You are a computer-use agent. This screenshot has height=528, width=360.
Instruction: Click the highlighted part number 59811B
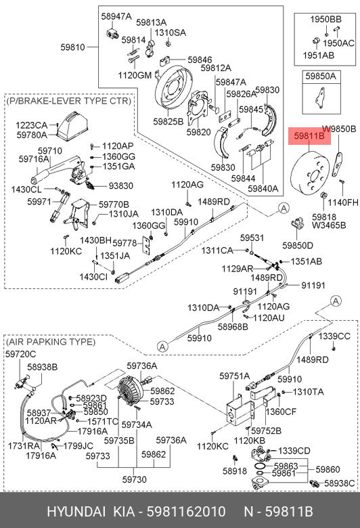(309, 135)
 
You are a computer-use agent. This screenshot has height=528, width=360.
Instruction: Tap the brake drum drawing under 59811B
(309, 175)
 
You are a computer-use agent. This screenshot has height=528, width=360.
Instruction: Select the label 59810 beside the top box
(72, 47)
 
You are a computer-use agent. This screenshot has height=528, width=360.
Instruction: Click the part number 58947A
(116, 16)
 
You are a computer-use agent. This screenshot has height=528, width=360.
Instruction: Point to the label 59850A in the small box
(321, 76)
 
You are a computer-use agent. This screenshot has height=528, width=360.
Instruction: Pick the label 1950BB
(325, 19)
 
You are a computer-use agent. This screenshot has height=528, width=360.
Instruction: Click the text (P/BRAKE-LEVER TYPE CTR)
(69, 101)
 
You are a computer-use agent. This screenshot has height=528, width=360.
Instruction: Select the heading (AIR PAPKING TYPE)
(51, 342)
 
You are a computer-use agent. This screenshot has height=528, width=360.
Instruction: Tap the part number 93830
(120, 186)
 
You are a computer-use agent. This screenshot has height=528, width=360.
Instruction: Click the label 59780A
(32, 135)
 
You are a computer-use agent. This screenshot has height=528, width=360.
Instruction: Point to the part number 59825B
(168, 121)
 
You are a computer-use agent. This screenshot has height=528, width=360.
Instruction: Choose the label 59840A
(263, 189)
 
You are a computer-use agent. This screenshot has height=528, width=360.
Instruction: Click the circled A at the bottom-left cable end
(162, 346)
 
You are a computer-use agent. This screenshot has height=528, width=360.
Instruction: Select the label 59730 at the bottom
(134, 479)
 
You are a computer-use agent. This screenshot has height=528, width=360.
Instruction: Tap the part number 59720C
(20, 354)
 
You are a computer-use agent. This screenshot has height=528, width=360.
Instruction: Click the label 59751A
(235, 376)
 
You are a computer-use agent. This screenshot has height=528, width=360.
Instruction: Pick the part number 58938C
(340, 483)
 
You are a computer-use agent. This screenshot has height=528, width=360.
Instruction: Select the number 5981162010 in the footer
(186, 512)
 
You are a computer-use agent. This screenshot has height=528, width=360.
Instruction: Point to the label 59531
(252, 238)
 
